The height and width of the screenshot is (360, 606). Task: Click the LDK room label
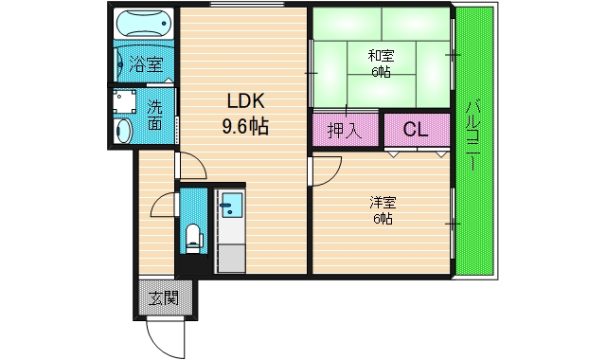tap(243, 102)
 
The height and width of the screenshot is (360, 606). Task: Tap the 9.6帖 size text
tap(244, 125)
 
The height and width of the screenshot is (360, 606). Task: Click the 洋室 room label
tap(382, 203)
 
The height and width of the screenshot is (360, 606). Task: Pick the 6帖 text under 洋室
tap(382, 218)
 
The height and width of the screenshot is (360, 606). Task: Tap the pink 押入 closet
tap(345, 130)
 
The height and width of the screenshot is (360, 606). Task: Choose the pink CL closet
tap(415, 130)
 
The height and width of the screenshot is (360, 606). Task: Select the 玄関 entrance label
tap(165, 298)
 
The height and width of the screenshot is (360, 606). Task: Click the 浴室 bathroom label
tap(146, 64)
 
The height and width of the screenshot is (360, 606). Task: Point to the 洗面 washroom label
tap(154, 115)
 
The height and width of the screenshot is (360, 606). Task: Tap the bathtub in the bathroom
tap(144, 26)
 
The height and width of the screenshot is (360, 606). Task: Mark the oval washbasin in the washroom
tap(122, 130)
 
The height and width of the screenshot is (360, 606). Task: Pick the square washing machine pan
tap(123, 100)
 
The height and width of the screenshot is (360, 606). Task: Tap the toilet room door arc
tap(163, 204)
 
